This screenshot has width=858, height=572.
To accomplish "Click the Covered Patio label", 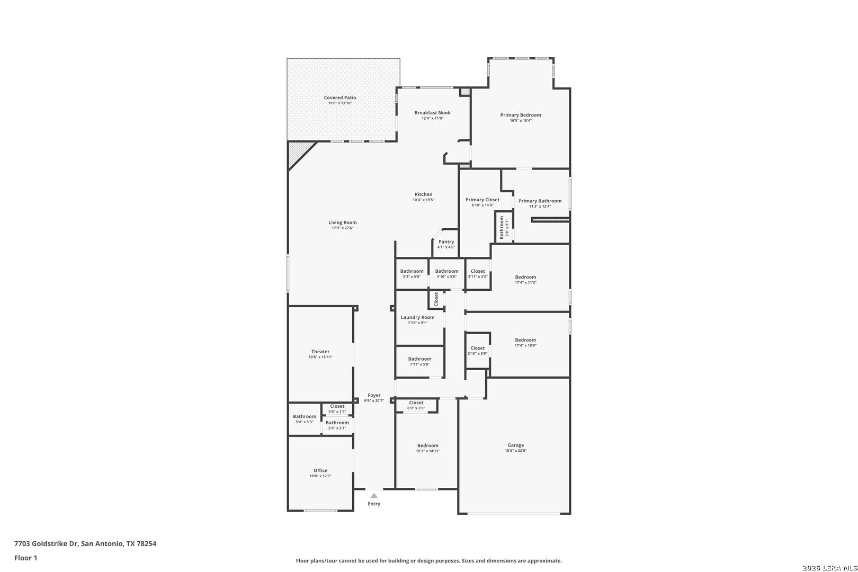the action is pyautogui.click(x=339, y=97).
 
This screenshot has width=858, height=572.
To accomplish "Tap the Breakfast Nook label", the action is pyautogui.click(x=433, y=113).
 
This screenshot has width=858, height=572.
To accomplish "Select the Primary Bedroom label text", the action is pyautogui.click(x=521, y=115).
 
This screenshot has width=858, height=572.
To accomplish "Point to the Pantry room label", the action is pyautogui.click(x=446, y=242).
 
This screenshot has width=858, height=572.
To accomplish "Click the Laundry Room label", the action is pyautogui.click(x=417, y=317).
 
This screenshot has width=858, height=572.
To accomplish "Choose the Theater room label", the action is pyautogui.click(x=320, y=351).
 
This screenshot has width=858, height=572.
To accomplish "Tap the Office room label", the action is pyautogui.click(x=320, y=470).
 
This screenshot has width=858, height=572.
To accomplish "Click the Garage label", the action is pyautogui.click(x=515, y=445).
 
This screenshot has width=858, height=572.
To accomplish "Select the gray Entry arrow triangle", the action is pyautogui.click(x=374, y=495).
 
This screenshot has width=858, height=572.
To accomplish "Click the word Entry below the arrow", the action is pyautogui.click(x=374, y=504).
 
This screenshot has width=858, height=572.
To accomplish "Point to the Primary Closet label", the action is pyautogui.click(x=482, y=200).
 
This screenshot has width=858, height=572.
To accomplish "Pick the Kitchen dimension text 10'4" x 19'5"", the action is pyautogui.click(x=424, y=200).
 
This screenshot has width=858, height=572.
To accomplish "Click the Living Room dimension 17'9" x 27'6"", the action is pyautogui.click(x=343, y=228).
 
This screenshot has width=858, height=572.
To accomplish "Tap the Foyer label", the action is pyautogui.click(x=374, y=395).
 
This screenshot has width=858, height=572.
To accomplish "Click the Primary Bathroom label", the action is pyautogui.click(x=540, y=201).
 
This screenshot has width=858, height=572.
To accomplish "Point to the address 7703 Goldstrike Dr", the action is pyautogui.click(x=46, y=543).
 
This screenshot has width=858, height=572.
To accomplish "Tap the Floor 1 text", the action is pyautogui.click(x=25, y=558).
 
